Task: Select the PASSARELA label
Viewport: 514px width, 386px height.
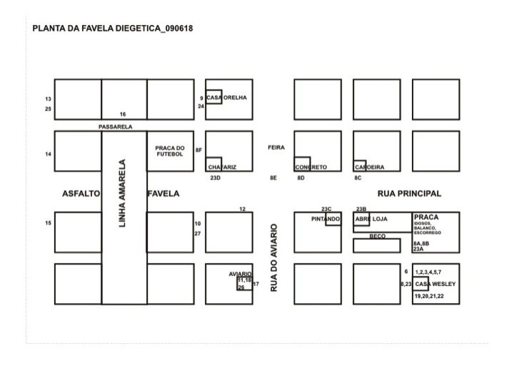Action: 116,127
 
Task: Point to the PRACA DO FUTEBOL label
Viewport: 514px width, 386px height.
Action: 170,151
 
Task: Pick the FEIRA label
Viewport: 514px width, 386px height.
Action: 276,147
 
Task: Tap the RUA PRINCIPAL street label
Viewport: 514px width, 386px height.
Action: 409,193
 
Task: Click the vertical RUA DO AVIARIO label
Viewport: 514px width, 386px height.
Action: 273,257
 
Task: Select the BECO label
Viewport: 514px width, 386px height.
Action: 378,236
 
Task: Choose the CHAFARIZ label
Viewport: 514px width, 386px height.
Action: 222,167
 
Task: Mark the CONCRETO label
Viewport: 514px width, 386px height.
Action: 311,167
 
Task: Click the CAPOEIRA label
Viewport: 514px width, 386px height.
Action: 370,167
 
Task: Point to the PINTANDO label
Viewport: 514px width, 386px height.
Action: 326,219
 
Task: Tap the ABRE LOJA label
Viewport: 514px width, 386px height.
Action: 371,219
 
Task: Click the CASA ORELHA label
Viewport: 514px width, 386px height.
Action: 226,98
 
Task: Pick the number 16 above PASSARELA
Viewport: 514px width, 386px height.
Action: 123,114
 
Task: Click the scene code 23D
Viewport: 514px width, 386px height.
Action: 215,178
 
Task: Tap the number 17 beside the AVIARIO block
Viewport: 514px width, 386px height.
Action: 256,284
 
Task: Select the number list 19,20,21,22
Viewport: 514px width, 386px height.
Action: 429,296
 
